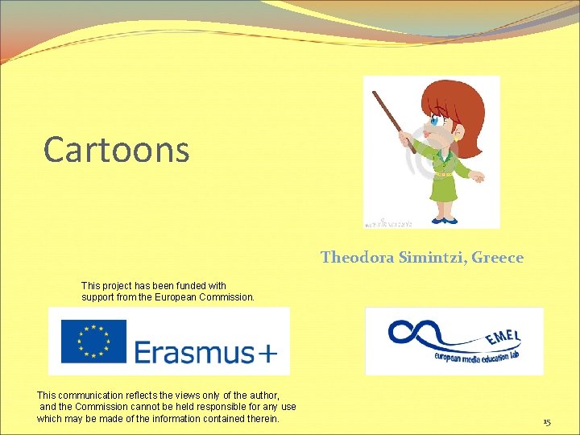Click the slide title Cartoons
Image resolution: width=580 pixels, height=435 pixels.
pyautogui.click(x=117, y=149)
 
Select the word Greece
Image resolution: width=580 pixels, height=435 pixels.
pyautogui.click(x=497, y=258)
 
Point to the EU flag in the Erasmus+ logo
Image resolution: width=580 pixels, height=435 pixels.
pyautogui.click(x=94, y=341)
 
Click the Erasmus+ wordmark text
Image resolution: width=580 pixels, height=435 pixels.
pyautogui.click(x=205, y=352)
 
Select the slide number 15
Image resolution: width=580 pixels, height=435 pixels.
pyautogui.click(x=546, y=422)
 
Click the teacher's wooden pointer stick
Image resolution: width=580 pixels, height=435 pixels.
pyautogui.click(x=394, y=122)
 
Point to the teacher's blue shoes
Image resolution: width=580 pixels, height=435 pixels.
pyautogui.click(x=441, y=219)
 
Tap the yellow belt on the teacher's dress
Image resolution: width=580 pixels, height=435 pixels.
pyautogui.click(x=444, y=173)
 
